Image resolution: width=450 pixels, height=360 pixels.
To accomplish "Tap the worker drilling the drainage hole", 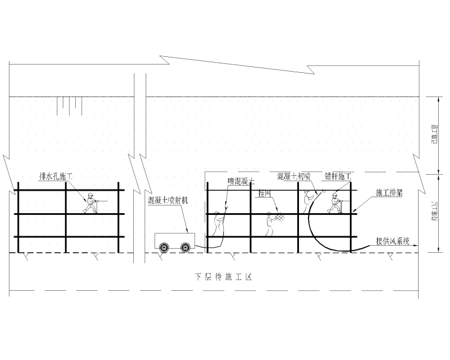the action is click(91, 202).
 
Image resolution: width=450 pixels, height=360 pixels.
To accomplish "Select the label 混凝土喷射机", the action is click(168, 201).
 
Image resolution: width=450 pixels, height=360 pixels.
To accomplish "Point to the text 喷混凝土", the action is click(241, 181).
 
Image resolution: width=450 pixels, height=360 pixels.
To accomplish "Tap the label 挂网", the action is click(264, 193).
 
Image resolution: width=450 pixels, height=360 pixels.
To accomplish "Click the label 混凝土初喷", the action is click(294, 176).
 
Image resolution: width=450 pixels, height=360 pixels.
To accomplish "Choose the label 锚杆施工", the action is click(337, 176).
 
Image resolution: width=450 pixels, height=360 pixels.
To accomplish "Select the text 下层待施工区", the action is click(223, 277).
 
